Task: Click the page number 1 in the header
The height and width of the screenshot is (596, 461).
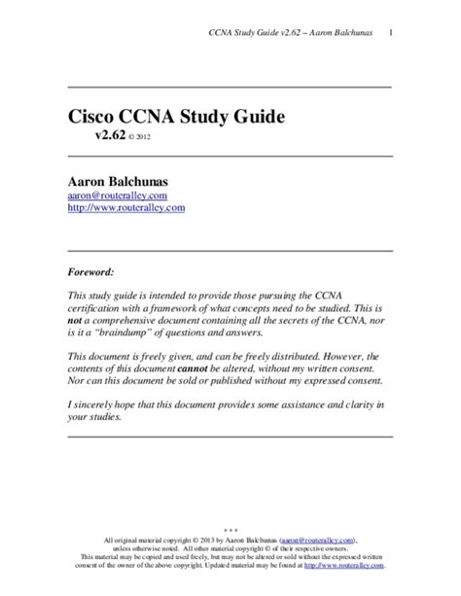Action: [390, 36]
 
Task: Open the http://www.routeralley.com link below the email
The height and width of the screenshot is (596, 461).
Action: [125, 207]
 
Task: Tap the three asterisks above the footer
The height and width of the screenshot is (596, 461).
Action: [230, 530]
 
